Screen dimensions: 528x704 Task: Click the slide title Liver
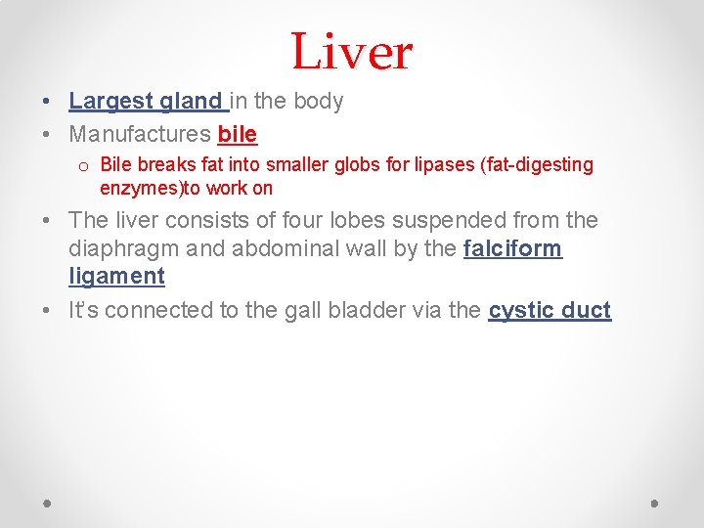(352, 51)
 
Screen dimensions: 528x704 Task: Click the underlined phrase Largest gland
(147, 102)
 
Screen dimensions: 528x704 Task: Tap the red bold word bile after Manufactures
(238, 133)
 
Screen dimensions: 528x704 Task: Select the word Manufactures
(140, 133)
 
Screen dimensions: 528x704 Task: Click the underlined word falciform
(512, 248)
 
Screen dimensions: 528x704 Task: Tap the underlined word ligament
(116, 276)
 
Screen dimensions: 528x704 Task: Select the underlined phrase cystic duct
(550, 311)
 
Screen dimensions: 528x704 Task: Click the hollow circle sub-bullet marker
(85, 165)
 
